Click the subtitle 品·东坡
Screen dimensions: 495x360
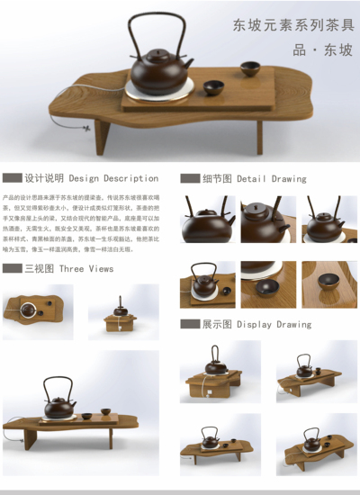pyautogui.click(x=321, y=49)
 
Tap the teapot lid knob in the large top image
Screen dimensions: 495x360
pyautogui.click(x=158, y=51)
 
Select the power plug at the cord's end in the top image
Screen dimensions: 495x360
pyautogui.click(x=87, y=128)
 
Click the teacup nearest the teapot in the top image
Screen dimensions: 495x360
pyautogui.click(x=213, y=88)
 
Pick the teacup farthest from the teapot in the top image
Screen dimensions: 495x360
pyautogui.click(x=249, y=67)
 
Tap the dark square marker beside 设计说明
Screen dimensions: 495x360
pyautogui.click(x=13, y=178)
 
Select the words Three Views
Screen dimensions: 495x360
pyautogui.click(x=86, y=268)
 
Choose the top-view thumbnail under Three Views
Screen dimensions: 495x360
pyautogui.click(x=38, y=310)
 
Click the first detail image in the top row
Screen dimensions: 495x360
pyautogui.click(x=207, y=220)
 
